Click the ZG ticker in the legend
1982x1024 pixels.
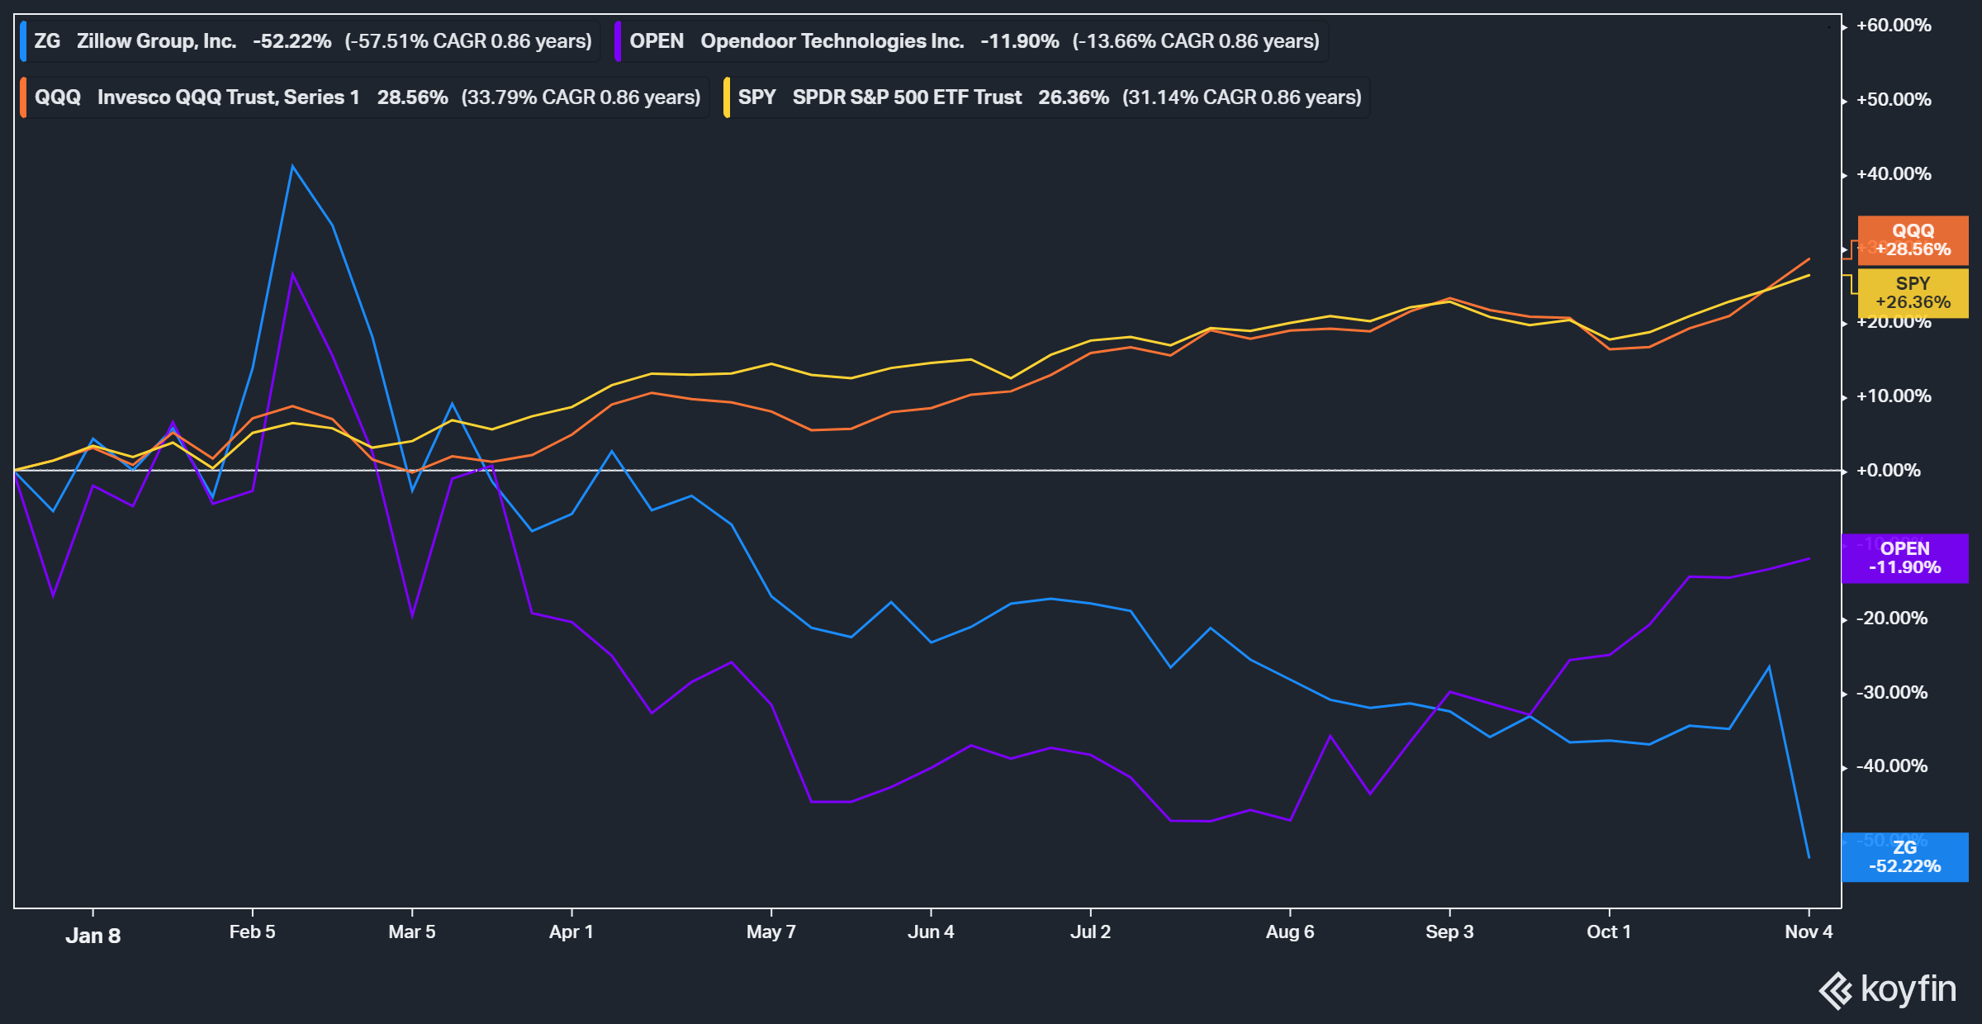point(47,41)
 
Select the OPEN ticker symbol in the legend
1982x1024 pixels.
point(656,41)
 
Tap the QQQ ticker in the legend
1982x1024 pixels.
point(57,97)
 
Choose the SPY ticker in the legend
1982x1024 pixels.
point(756,97)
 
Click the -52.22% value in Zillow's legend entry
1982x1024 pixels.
point(292,41)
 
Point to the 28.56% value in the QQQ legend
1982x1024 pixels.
point(412,97)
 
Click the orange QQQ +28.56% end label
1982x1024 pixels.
point(1913,240)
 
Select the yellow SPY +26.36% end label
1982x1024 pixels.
point(1913,293)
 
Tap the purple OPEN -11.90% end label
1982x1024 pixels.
point(1904,558)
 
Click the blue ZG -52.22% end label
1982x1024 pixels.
point(1904,857)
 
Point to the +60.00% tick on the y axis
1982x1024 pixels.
point(1894,26)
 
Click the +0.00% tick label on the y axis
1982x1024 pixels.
point(1888,471)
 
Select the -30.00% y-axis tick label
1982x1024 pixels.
point(1891,693)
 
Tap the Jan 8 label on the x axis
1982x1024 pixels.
point(92,936)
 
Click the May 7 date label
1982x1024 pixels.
point(771,932)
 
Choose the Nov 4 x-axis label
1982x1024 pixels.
point(1808,932)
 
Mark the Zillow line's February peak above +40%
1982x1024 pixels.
point(292,167)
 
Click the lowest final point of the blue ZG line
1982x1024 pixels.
point(1809,857)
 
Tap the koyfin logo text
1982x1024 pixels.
point(1908,989)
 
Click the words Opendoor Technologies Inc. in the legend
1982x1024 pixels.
point(832,41)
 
